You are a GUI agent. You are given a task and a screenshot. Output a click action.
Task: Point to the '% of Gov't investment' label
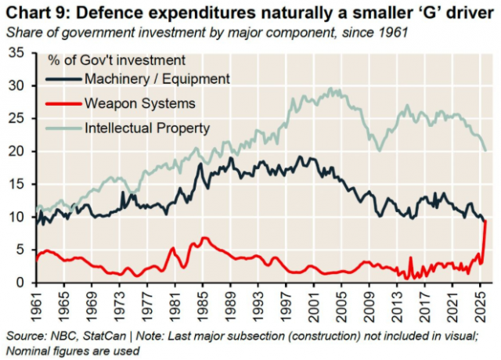tap(117, 59)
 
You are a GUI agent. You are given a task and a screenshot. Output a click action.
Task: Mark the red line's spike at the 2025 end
tap(486, 222)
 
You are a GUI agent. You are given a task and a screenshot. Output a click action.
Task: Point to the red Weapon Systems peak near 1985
tap(204, 238)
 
